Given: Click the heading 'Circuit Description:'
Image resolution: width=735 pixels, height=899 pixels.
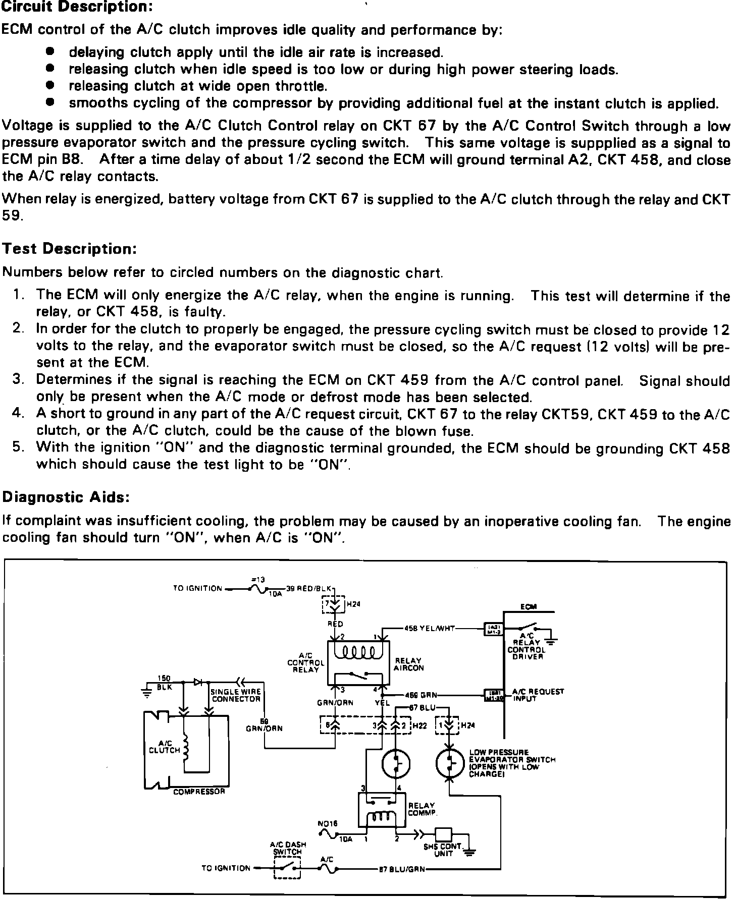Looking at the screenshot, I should [77, 7].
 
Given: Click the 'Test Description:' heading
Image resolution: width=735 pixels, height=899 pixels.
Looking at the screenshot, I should [70, 249].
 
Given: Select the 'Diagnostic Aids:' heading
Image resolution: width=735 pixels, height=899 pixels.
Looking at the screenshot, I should [67, 497].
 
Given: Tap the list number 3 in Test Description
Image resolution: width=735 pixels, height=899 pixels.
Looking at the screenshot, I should [18, 379].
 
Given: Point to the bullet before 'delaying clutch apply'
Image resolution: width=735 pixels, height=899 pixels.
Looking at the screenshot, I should [49, 52].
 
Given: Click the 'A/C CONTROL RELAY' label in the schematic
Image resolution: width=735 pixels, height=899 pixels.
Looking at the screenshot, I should [305, 662].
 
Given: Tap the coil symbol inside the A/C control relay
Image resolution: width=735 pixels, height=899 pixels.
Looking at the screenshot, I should [357, 653].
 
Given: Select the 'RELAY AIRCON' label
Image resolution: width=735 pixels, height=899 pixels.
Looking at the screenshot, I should [409, 664].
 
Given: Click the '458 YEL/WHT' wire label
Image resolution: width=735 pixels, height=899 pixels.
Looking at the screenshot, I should [429, 629].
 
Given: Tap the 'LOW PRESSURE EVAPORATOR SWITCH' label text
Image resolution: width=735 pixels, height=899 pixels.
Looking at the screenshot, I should [512, 763].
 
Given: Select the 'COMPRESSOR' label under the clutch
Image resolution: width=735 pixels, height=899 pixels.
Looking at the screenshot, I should [199, 792].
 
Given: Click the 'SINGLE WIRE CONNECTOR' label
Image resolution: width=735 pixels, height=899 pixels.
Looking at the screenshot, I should [236, 695].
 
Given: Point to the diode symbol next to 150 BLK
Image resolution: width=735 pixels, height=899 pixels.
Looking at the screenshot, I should [198, 682].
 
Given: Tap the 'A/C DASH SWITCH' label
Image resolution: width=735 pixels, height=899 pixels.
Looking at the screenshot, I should [288, 848].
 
